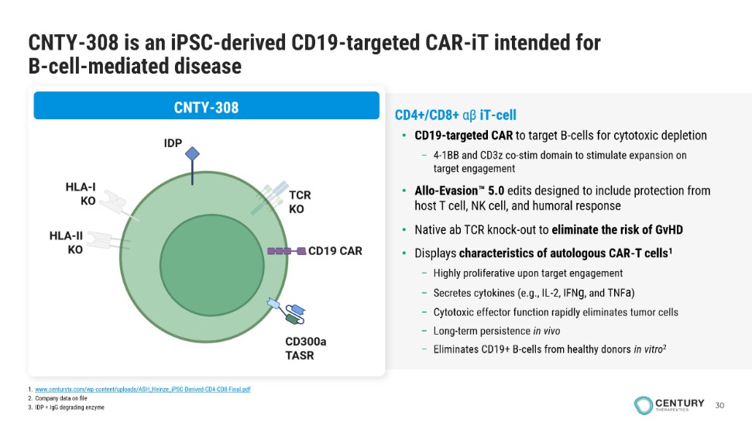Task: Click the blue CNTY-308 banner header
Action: pos(206,106)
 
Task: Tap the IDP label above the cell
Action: pos(173,143)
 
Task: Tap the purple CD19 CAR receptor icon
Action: pos(287,251)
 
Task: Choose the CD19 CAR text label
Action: pos(335,251)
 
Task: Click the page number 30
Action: pos(719,405)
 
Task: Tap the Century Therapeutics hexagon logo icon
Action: pos(643,405)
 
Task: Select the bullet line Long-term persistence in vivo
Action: pos(497,331)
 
